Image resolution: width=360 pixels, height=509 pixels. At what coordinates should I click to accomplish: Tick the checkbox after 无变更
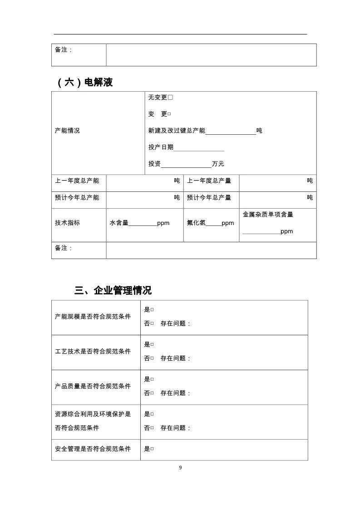coord(170,98)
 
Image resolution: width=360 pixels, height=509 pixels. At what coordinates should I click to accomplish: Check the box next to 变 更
coord(169,114)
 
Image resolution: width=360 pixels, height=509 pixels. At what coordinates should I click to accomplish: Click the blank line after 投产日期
coord(199,147)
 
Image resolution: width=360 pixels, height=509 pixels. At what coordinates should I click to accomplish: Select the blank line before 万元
coord(186,164)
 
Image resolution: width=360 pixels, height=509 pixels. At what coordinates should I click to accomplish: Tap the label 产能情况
coord(67,131)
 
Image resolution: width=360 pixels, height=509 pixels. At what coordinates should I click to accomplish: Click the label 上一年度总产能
coord(77,181)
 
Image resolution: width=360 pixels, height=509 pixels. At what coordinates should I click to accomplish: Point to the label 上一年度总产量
coord(209,181)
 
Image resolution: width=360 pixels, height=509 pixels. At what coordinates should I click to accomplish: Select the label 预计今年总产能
coord(77,197)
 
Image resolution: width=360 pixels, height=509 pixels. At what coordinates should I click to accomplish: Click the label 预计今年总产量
coord(209,197)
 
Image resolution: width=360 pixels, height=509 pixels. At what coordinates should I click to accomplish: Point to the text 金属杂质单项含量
coord(268,214)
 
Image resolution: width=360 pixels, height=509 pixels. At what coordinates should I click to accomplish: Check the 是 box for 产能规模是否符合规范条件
coord(152,309)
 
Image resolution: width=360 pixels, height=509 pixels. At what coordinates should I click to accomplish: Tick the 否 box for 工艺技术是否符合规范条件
coord(152,358)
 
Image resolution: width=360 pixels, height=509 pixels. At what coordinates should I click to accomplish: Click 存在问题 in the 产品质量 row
coord(175,393)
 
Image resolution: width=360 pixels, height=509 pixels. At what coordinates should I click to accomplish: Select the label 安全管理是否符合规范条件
coord(93,449)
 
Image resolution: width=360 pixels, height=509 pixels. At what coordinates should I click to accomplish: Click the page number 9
coord(180,468)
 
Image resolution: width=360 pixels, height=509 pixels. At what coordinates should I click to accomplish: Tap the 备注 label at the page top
coord(64,50)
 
